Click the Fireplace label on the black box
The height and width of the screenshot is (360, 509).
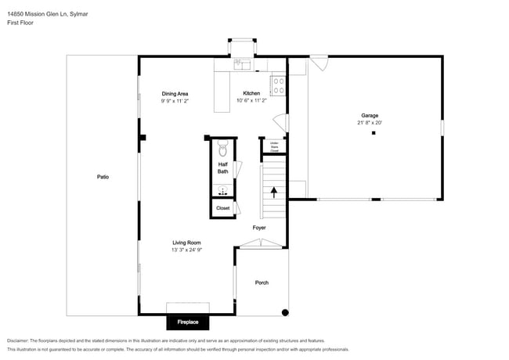(187, 322)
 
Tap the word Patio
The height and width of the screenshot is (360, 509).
(103, 177)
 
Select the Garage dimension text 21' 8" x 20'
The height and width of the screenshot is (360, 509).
(370, 123)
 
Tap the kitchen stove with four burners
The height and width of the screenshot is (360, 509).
(278, 85)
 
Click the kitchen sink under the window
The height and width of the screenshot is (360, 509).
(242, 66)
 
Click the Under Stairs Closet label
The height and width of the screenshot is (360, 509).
(274, 146)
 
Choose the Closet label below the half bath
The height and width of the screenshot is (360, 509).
(222, 208)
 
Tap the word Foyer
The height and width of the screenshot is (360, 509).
(259, 228)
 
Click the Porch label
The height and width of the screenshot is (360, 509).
(262, 283)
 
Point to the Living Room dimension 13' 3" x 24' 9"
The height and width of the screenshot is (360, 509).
(187, 250)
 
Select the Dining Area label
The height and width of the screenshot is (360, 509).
(175, 93)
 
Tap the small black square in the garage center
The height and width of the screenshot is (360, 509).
(374, 133)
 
